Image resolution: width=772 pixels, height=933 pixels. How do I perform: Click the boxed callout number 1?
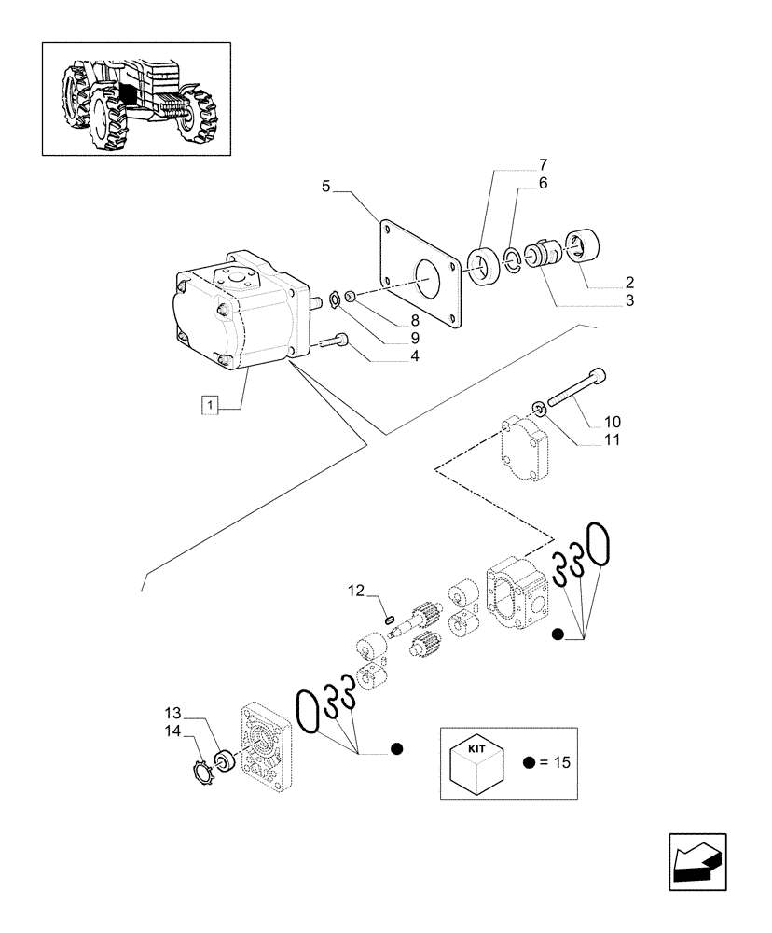(x=212, y=405)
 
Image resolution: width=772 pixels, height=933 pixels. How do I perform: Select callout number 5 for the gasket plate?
(x=326, y=187)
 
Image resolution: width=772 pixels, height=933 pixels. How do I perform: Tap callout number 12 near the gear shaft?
(x=355, y=591)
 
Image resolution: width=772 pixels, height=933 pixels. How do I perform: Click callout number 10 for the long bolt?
(x=613, y=422)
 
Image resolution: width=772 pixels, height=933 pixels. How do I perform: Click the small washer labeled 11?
(x=539, y=406)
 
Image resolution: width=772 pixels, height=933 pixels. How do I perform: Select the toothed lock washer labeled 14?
(x=198, y=773)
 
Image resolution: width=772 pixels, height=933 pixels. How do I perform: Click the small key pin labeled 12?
(x=390, y=616)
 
